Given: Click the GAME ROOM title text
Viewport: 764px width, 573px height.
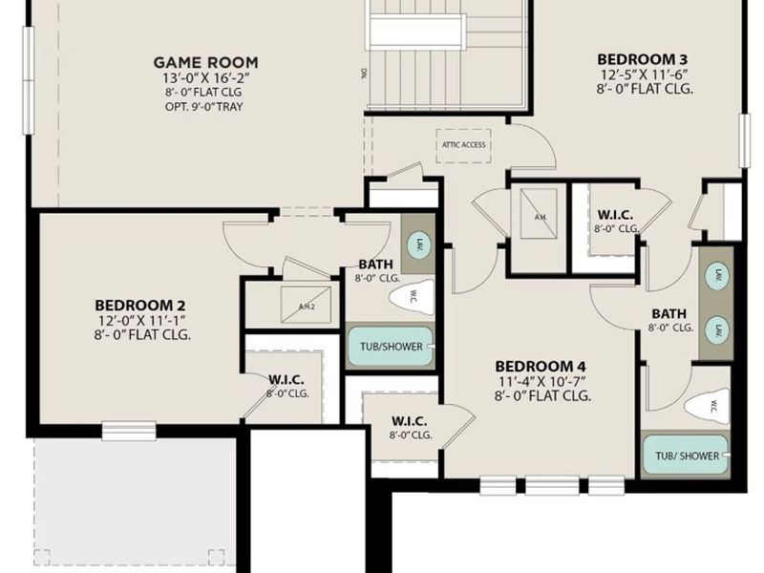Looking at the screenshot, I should [x=205, y=63].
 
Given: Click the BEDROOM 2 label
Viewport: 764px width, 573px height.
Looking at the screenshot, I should [x=139, y=305].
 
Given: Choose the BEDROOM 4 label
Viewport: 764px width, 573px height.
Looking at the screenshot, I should [x=540, y=367].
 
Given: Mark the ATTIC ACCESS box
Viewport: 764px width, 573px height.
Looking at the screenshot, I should [x=463, y=144].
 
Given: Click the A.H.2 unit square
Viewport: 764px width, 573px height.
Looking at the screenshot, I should [x=307, y=306].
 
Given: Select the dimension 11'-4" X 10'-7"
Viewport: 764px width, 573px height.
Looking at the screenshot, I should [x=540, y=382].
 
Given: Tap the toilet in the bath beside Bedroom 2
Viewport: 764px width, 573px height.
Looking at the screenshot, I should [x=413, y=297].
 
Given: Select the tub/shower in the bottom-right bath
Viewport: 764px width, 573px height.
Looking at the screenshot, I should [x=686, y=456].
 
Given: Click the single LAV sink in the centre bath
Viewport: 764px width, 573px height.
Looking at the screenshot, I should [x=418, y=247].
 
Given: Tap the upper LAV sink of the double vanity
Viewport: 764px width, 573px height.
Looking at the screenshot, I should [x=714, y=276].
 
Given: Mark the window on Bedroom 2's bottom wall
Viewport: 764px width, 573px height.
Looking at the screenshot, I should [x=129, y=429].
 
